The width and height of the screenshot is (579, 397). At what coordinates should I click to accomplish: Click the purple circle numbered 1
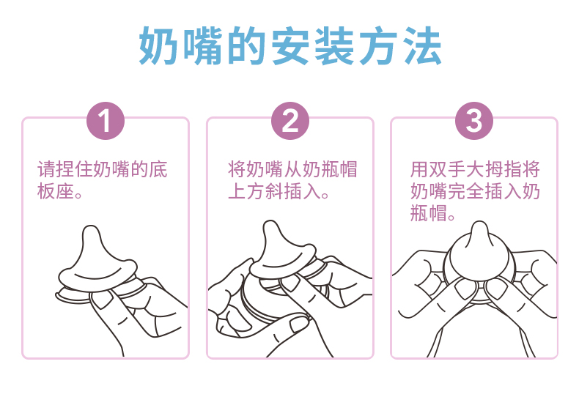pyautogui.click(x=106, y=121)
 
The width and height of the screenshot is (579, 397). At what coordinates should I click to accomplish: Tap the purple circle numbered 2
pyautogui.click(x=290, y=121)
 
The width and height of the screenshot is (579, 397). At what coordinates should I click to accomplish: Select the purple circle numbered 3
pyautogui.click(x=474, y=121)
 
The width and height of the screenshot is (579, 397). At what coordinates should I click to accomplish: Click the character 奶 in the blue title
pyautogui.click(x=158, y=45)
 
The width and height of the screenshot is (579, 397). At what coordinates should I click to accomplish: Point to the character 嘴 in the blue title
pyautogui.click(x=202, y=45)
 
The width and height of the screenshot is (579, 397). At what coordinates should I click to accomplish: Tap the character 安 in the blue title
pyautogui.click(x=290, y=45)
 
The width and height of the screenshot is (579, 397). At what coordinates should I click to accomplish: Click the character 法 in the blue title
pyautogui.click(x=422, y=45)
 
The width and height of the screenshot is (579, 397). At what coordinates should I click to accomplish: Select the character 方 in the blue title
pyautogui.click(x=378, y=45)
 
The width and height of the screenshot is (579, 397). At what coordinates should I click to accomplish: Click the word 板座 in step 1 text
pyautogui.click(x=56, y=191)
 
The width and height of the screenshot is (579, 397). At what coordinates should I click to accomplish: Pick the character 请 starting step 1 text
pyautogui.click(x=46, y=169)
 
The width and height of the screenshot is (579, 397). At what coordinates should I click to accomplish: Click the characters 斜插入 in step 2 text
pyautogui.click(x=293, y=191)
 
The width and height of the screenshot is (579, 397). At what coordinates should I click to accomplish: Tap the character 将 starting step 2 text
pyautogui.click(x=237, y=169)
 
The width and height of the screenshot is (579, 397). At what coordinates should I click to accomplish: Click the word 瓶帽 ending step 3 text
pyautogui.click(x=429, y=213)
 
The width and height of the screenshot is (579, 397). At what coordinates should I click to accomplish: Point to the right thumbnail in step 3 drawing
pyautogui.click(x=495, y=288)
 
